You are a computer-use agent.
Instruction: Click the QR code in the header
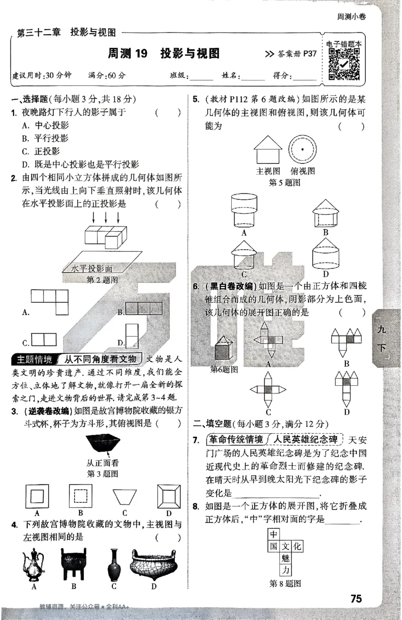pyautogui.click(x=344, y=64)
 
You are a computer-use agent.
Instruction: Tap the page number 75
pyautogui.click(x=356, y=598)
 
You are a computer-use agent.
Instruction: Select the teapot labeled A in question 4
pyautogui.click(x=33, y=564)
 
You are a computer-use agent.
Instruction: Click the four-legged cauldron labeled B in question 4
pyautogui.click(x=73, y=564)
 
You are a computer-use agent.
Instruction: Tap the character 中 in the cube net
pyautogui.click(x=274, y=534)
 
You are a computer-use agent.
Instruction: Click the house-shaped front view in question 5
pyautogui.click(x=267, y=149)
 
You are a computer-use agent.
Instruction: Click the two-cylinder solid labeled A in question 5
pyautogui.click(x=244, y=210)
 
